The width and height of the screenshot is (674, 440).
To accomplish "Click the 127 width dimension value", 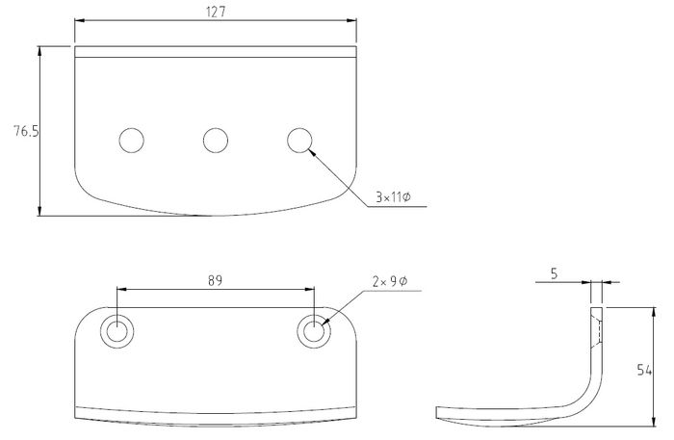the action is [216, 12].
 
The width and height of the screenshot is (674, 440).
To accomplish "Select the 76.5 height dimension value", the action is [26, 131].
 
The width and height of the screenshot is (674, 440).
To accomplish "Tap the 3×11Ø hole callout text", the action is [393, 197].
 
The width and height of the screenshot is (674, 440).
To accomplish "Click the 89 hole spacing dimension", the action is [215, 280].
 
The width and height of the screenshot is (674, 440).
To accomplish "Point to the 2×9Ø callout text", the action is [390, 281].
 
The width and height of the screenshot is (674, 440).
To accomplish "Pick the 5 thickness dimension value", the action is [554, 273].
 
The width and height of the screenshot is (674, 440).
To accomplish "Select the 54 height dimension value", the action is [644, 370].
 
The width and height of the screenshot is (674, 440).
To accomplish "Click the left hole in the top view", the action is [131, 140].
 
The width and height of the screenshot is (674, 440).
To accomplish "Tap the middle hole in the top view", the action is [216, 140].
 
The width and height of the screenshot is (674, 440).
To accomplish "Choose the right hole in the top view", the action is [299, 140].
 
